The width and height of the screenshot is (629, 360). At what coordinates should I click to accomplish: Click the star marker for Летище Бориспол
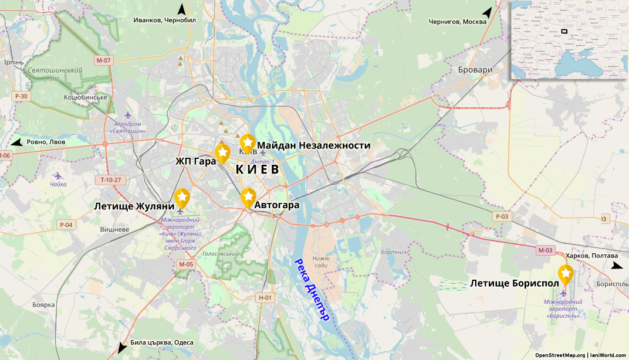tap(565, 273)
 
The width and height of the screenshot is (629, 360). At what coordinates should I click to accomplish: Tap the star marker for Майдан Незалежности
tap(248, 142)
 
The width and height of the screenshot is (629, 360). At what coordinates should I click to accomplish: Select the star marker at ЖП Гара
tap(222, 152)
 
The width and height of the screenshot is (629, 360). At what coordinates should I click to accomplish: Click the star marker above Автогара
tap(248, 196)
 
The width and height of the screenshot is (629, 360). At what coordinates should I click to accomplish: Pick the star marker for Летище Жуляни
tap(181, 197)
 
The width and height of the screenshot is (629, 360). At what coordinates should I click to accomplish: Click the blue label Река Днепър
tap(312, 289)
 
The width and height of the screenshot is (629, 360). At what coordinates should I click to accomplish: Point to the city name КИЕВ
tap(257, 169)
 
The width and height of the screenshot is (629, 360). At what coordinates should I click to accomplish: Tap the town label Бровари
tap(475, 70)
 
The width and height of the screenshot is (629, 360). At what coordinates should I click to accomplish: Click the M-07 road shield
tap(103, 60)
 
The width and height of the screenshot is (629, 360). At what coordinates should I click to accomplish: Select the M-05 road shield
tap(185, 264)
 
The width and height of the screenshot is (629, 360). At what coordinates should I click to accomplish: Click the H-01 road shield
tap(266, 298)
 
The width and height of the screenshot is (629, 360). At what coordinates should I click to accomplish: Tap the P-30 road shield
tap(21, 96)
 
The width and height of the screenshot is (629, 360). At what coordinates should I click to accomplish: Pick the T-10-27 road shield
tap(110, 179)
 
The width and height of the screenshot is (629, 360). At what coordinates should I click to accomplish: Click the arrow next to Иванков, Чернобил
tap(182, 9)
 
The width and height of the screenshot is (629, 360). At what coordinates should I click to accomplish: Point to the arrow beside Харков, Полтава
tap(617, 266)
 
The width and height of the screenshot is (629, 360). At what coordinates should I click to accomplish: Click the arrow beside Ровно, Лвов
tap(16, 142)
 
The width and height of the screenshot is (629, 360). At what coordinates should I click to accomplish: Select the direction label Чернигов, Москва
tap(458, 22)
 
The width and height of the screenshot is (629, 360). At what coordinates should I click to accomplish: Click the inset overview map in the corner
tap(569, 40)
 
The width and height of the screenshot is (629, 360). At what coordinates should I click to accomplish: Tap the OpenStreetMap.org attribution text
tap(560, 355)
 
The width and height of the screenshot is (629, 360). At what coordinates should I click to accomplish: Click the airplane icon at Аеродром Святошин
tap(128, 114)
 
